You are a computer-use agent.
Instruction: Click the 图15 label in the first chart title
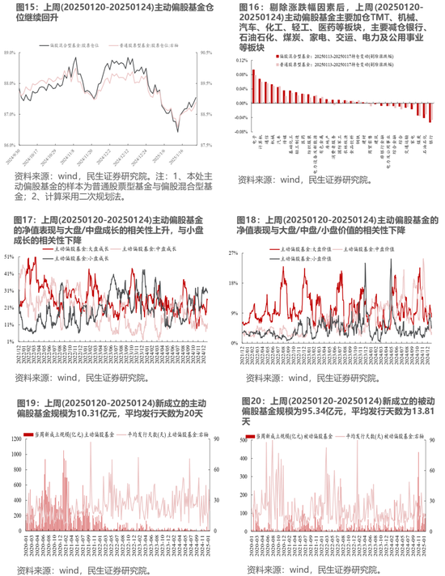click(17, 7)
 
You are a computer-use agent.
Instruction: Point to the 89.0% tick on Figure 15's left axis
click(11, 53)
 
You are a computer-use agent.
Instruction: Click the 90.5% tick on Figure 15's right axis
click(206, 53)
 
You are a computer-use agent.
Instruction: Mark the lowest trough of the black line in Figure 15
click(179, 131)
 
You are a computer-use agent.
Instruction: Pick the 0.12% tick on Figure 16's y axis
click(240, 59)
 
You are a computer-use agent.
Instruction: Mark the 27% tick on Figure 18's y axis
click(231, 253)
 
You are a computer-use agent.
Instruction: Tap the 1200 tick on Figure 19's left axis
click(14, 438)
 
